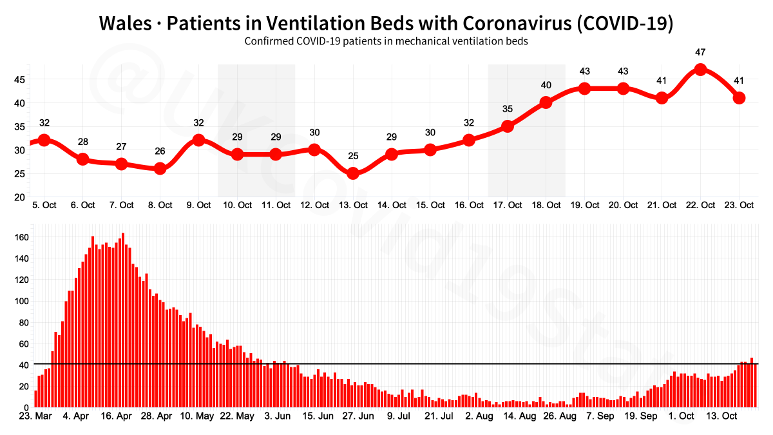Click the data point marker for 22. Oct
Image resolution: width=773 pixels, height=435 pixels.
pyautogui.click(x=700, y=70)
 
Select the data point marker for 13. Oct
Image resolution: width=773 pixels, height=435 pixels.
pyautogui.click(x=353, y=173)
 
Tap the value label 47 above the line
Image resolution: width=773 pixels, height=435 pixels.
pyautogui.click(x=700, y=52)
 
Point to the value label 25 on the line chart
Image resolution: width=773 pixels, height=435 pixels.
pyautogui.click(x=353, y=156)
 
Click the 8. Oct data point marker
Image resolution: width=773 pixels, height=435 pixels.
pyautogui.click(x=160, y=169)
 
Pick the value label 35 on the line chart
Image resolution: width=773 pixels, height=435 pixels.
pyautogui.click(x=508, y=109)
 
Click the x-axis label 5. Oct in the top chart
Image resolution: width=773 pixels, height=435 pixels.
pyautogui.click(x=44, y=205)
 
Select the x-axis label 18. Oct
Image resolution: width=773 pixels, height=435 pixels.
pyautogui.click(x=546, y=205)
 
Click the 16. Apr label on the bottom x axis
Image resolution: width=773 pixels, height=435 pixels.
pyautogui.click(x=117, y=416)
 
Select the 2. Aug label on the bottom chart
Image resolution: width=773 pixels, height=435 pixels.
pyautogui.click(x=479, y=416)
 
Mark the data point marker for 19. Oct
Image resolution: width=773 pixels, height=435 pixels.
pyautogui.click(x=585, y=88)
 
